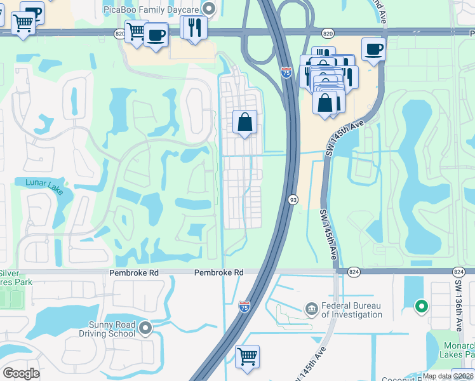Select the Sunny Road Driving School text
pyautogui.click(x=112, y=329)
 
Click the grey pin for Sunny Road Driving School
pyautogui.click(x=146, y=328)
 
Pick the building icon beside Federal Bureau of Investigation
pyautogui.click(x=311, y=309)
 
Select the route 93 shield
pyautogui.click(x=293, y=199)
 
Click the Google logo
pyautogui.click(x=22, y=373)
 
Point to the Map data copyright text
pyautogui.click(x=448, y=376)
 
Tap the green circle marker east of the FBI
pyautogui.click(x=420, y=308)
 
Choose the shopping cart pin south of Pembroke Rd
pyautogui.click(x=246, y=355)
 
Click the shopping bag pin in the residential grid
pyautogui.click(x=245, y=121)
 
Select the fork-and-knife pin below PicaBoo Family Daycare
pyautogui.click(x=194, y=27)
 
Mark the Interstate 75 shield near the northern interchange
pyautogui.click(x=286, y=73)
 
